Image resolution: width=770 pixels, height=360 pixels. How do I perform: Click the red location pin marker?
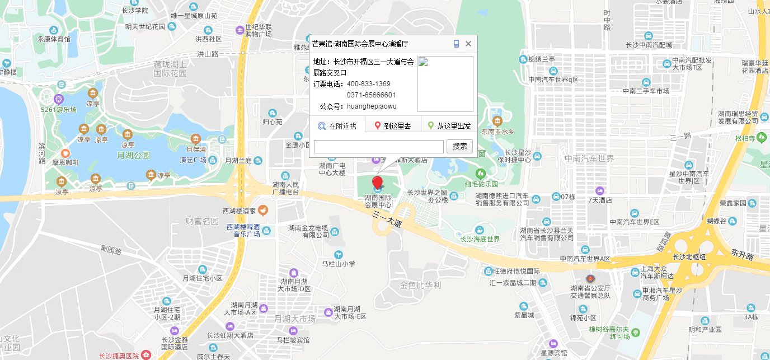[x=378, y=183]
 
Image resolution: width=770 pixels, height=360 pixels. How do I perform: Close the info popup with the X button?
[x=468, y=44]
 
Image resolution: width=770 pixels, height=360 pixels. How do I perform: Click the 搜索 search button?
[x=459, y=147]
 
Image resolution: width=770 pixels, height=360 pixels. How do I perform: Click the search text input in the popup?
[x=378, y=147]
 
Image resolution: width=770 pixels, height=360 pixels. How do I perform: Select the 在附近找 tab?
[x=337, y=126]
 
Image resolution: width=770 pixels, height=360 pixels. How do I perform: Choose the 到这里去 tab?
[x=393, y=126]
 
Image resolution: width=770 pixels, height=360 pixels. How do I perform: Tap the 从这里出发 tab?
[x=449, y=126]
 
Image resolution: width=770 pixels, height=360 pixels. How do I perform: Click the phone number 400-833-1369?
[x=368, y=84]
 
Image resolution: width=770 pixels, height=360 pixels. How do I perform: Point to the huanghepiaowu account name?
[x=372, y=106]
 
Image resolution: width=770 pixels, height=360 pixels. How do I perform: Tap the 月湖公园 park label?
[x=133, y=155]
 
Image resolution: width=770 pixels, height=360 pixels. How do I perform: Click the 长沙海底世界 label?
[x=480, y=239]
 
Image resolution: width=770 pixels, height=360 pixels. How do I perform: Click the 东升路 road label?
[x=742, y=256]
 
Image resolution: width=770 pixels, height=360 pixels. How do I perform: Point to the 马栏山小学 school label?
[x=339, y=264]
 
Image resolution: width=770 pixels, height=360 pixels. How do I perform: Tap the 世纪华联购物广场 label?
[x=258, y=30]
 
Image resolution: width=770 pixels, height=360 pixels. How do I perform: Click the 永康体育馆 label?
[x=54, y=39]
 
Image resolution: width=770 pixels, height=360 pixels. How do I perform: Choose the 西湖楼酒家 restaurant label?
[x=239, y=211]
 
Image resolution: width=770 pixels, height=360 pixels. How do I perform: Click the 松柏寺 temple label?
[x=745, y=138]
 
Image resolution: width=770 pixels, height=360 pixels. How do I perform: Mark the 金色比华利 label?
[x=420, y=285]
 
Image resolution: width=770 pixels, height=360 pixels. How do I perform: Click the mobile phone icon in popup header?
[x=456, y=44]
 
